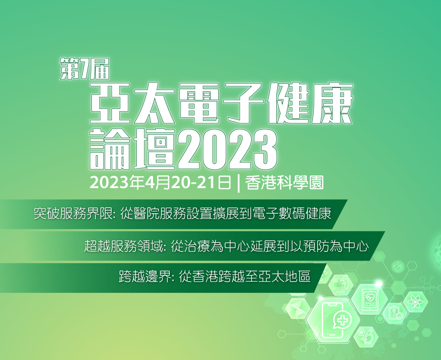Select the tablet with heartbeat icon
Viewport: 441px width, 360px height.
pyautogui.click(x=369, y=300)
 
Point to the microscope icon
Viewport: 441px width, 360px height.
pyautogui.click(x=366, y=336)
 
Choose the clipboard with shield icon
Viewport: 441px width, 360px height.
pyautogui.click(x=396, y=313)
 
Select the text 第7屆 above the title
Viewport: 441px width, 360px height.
pyautogui.click(x=85, y=68)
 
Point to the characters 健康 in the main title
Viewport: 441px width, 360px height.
pyautogui.click(x=310, y=103)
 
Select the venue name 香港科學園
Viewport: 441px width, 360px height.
pyautogui.click(x=284, y=183)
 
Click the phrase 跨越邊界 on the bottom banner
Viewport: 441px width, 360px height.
pyautogui.click(x=145, y=277)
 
